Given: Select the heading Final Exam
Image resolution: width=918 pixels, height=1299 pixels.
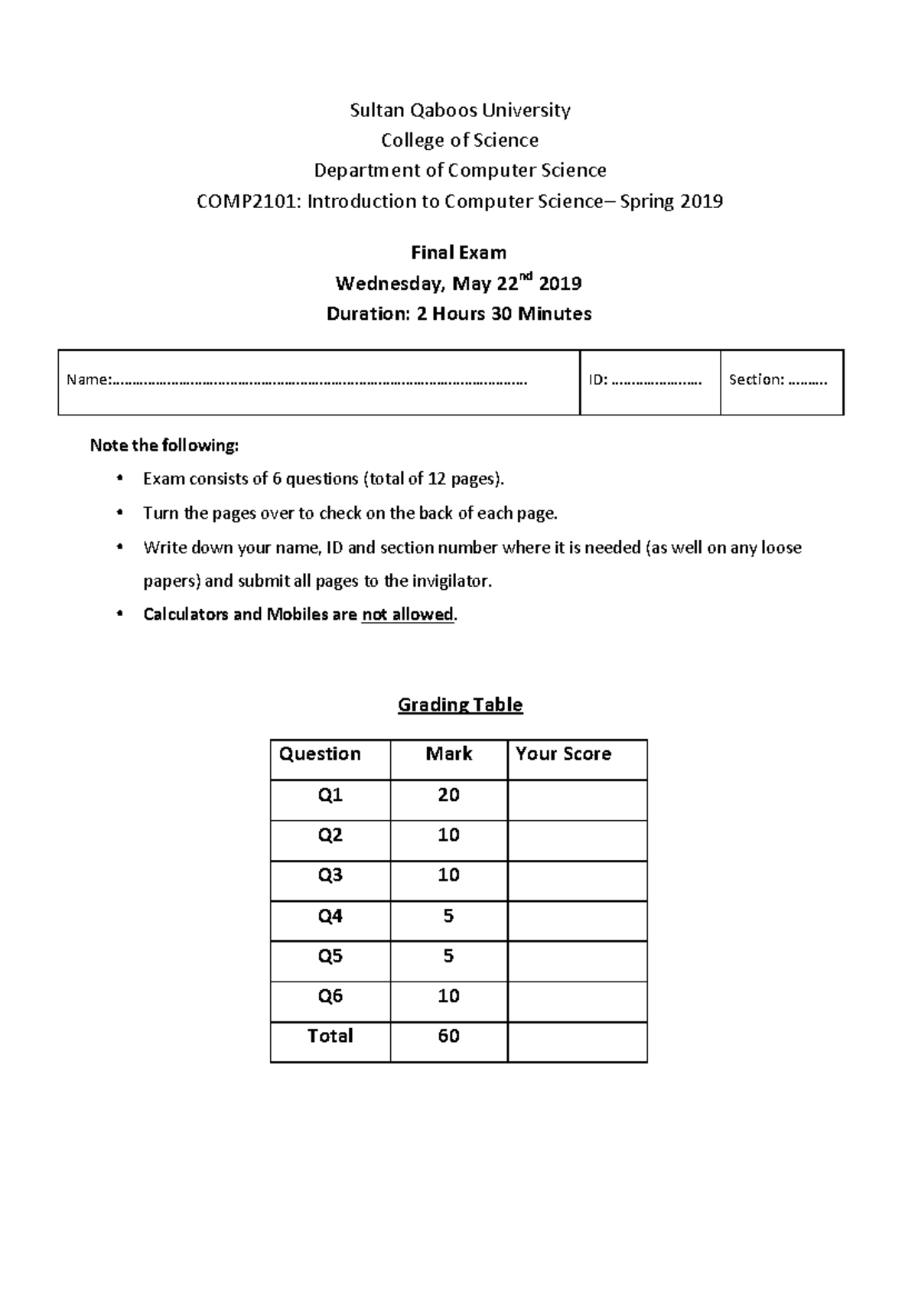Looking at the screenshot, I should click(x=458, y=252).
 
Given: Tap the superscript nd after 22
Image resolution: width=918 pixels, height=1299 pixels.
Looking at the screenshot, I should click(x=526, y=277).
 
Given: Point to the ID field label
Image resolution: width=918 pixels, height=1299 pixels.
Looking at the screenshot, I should click(x=597, y=380).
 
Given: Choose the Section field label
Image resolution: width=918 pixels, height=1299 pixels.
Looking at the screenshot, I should click(x=756, y=379).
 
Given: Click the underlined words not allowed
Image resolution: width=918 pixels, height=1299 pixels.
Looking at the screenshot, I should click(x=408, y=614).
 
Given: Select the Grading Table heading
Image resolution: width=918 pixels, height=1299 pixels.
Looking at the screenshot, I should click(x=460, y=705).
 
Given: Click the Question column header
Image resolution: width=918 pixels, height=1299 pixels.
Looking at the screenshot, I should click(x=320, y=754).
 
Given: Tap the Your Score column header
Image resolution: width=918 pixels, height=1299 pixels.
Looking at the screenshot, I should click(x=563, y=754).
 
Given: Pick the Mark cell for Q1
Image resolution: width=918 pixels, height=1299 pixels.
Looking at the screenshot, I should click(x=448, y=795).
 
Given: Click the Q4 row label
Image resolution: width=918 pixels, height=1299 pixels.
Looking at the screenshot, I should click(x=330, y=916).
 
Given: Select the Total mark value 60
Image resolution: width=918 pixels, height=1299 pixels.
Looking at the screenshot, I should click(x=448, y=1036).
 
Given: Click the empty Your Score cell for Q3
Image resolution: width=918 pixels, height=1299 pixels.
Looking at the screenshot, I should click(x=577, y=881).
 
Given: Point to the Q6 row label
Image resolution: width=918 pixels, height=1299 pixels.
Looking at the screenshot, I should click(x=330, y=996).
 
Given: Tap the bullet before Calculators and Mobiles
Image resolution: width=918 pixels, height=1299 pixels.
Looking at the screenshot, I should click(x=119, y=614).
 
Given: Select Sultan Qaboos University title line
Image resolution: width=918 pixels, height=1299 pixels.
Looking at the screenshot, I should click(x=460, y=110).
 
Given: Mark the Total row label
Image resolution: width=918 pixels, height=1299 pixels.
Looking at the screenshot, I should click(x=330, y=1036).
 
